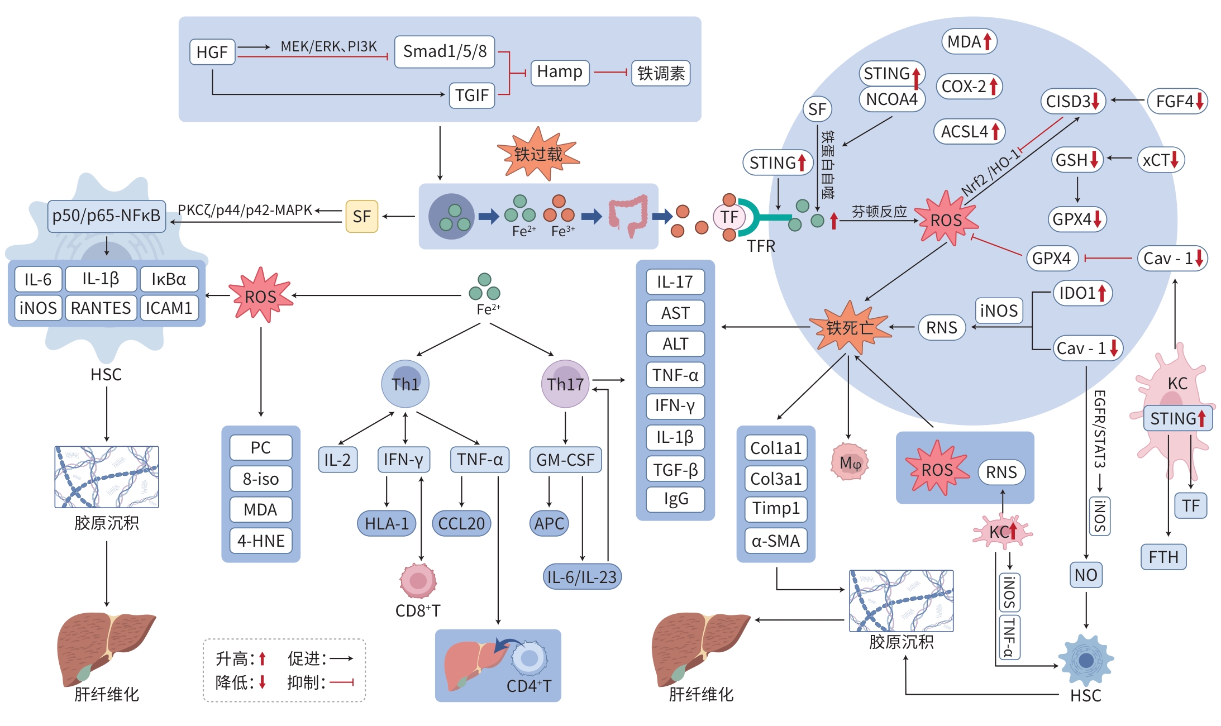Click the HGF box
(x=212, y=52)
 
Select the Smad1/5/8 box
(x=445, y=51)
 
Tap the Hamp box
(x=560, y=72)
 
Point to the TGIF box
(x=471, y=95)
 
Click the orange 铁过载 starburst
(x=538, y=154)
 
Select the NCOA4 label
(x=891, y=99)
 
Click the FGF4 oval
(x=1177, y=102)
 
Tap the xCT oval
(x=1161, y=160)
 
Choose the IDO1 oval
(x=1082, y=293)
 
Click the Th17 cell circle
(x=565, y=384)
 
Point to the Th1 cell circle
(x=405, y=384)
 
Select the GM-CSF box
(x=565, y=460)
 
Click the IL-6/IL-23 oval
(x=582, y=577)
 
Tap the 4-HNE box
(x=261, y=541)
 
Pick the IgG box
(x=675, y=499)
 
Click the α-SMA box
(x=776, y=541)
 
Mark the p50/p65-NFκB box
(x=106, y=216)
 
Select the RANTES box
(x=101, y=308)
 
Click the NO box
(x=1086, y=575)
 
